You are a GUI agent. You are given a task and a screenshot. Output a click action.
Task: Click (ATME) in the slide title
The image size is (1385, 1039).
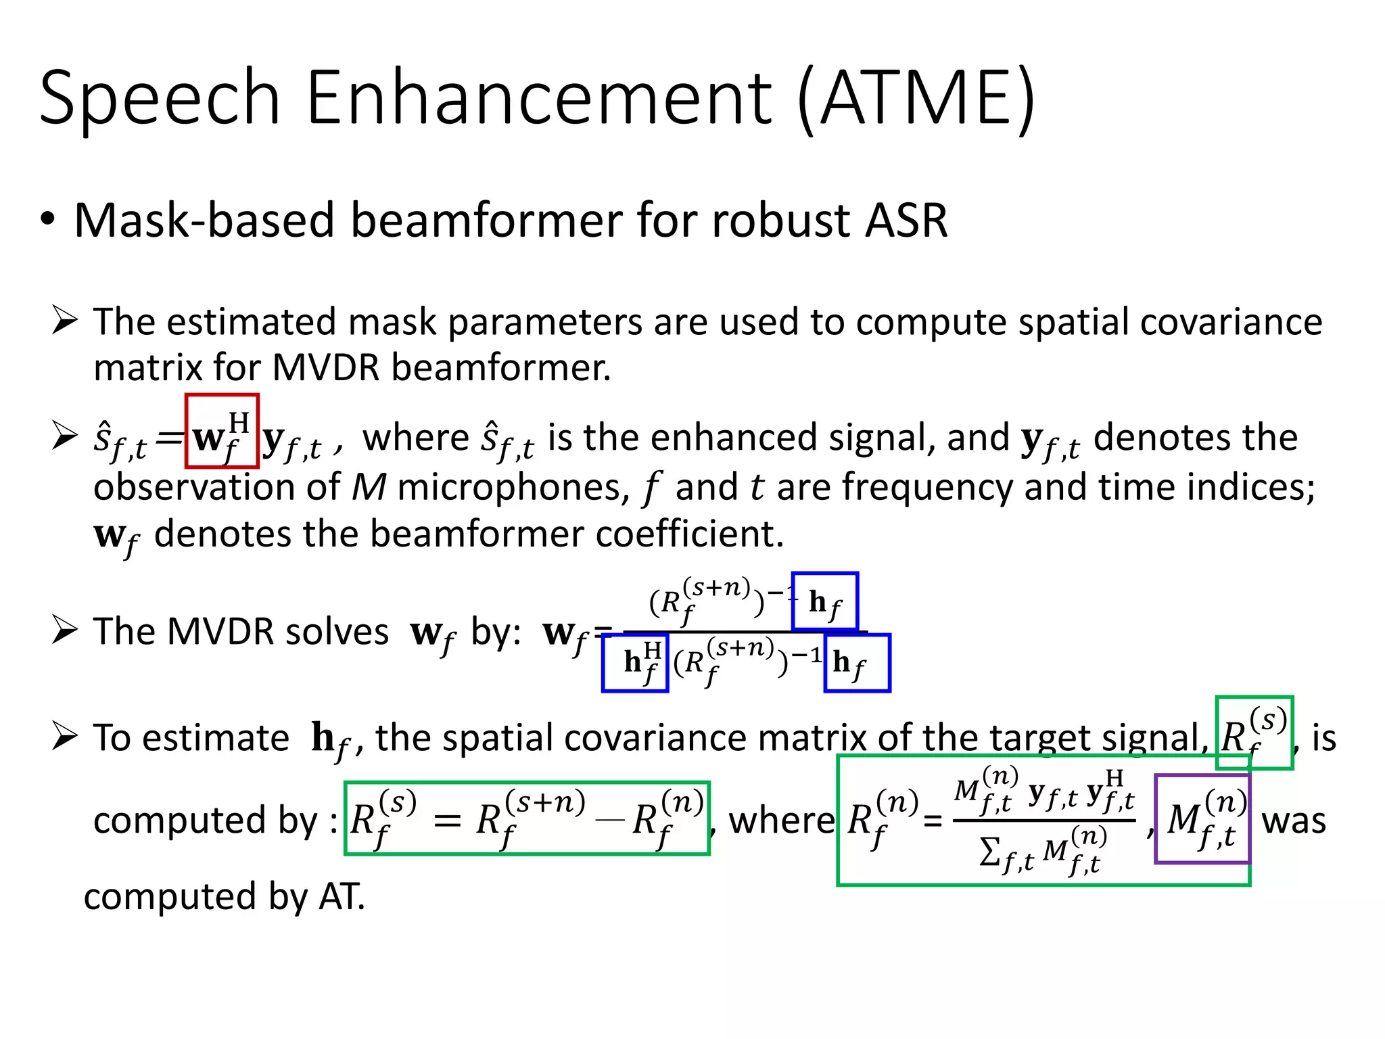[x=916, y=99]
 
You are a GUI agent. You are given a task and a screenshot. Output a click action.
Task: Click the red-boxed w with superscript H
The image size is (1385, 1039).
[x=222, y=432]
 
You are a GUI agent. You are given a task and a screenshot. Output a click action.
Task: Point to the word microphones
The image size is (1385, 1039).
[x=513, y=487]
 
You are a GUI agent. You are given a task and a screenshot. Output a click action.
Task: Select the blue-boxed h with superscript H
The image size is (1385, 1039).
[x=636, y=663]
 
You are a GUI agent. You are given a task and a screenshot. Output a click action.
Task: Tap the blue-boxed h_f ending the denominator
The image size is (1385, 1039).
[x=857, y=663]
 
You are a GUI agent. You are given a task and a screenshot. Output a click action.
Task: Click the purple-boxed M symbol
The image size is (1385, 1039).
[x=1202, y=819]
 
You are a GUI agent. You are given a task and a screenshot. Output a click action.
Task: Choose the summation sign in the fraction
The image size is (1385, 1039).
[x=989, y=852]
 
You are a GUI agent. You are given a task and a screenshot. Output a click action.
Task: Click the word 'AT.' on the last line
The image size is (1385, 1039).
[x=342, y=897]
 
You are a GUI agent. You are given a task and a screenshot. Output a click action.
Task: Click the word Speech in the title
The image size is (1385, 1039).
[x=160, y=98]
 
